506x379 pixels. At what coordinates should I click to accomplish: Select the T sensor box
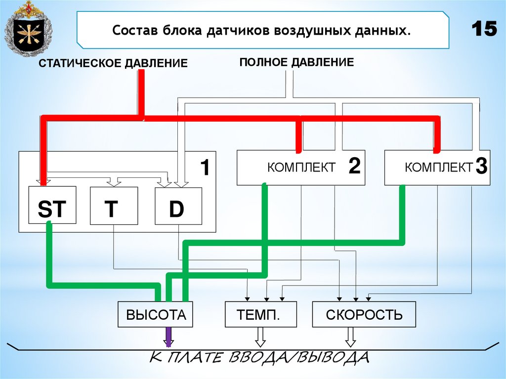[113, 206]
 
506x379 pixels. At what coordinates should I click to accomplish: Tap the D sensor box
[178, 206]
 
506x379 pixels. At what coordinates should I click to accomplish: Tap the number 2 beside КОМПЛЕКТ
[354, 167]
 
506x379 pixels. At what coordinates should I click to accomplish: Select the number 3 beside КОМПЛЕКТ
[482, 167]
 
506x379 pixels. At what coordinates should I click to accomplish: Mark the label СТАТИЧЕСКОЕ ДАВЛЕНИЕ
[113, 63]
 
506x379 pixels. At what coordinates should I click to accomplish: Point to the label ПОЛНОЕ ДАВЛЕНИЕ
[296, 62]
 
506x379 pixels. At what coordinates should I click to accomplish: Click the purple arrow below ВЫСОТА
[168, 337]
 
